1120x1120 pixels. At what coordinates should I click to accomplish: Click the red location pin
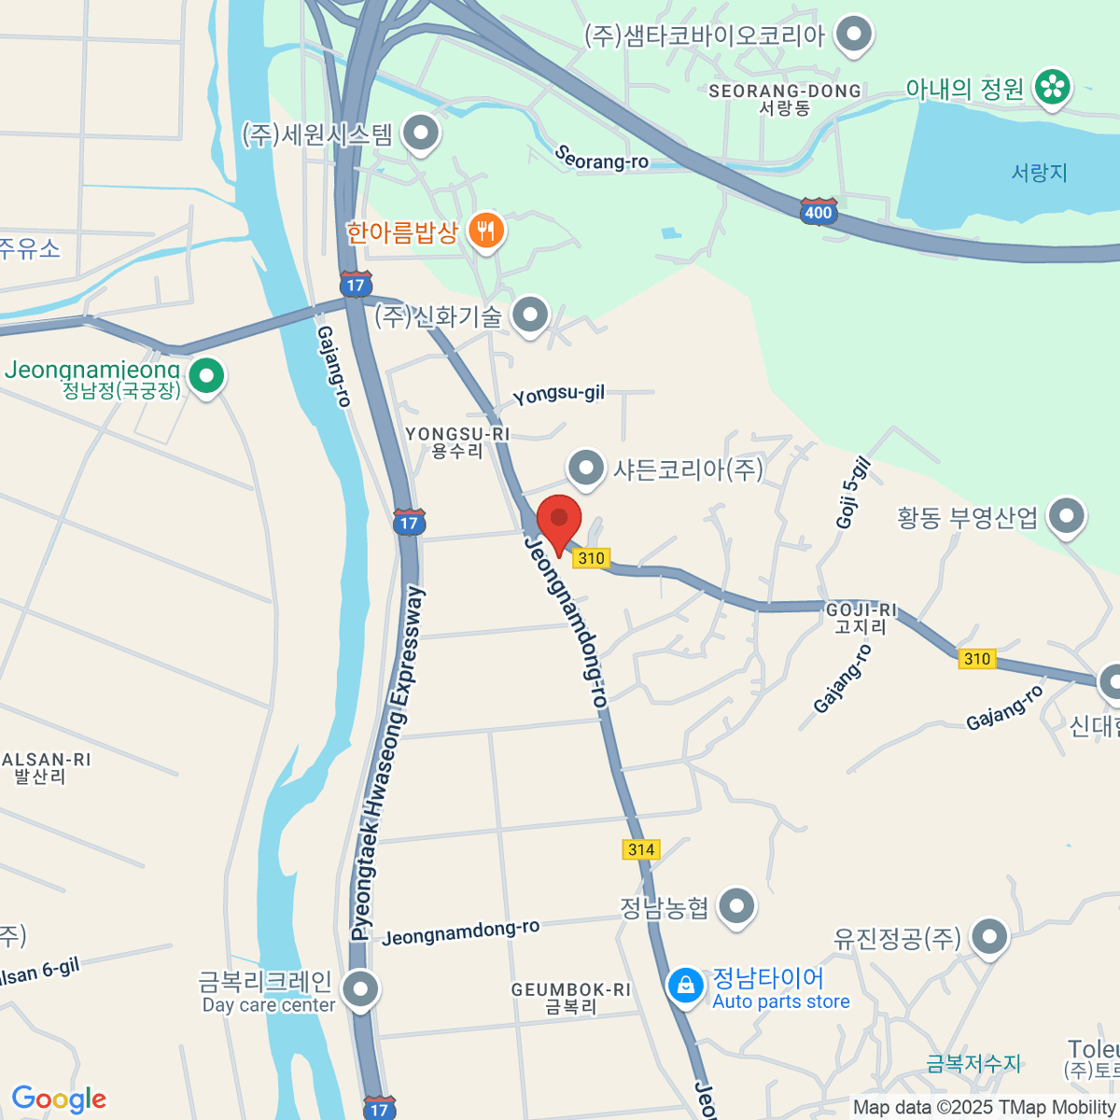coord(559,522)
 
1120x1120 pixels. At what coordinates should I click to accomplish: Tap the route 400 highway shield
coord(818,212)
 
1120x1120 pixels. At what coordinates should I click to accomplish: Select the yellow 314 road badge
coord(640,849)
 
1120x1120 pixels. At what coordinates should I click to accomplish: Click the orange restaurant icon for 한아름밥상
coord(485,230)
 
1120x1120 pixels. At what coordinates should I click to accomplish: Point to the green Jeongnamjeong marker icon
coord(206,376)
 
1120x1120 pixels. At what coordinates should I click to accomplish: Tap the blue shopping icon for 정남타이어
coord(686,986)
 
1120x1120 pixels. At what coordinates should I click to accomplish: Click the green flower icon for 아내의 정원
coord(1054,88)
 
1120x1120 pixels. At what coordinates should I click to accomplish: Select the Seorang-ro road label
coord(601,158)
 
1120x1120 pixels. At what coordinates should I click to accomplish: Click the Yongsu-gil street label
coord(558,395)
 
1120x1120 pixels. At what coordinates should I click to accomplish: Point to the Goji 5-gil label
coord(853,494)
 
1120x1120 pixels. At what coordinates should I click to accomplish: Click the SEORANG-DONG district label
coord(784,91)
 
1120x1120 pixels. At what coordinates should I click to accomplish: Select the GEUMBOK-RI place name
coord(570,989)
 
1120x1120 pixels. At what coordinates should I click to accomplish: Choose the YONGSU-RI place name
coord(457,435)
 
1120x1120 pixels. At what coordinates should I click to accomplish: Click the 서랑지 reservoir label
coord(1039,173)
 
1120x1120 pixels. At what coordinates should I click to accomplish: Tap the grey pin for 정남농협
coord(737,905)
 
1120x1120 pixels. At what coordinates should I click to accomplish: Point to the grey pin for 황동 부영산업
coord(1067,515)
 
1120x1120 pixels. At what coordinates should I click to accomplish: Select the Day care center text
coord(269,1005)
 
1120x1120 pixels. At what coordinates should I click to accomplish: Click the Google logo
coord(59,1099)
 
